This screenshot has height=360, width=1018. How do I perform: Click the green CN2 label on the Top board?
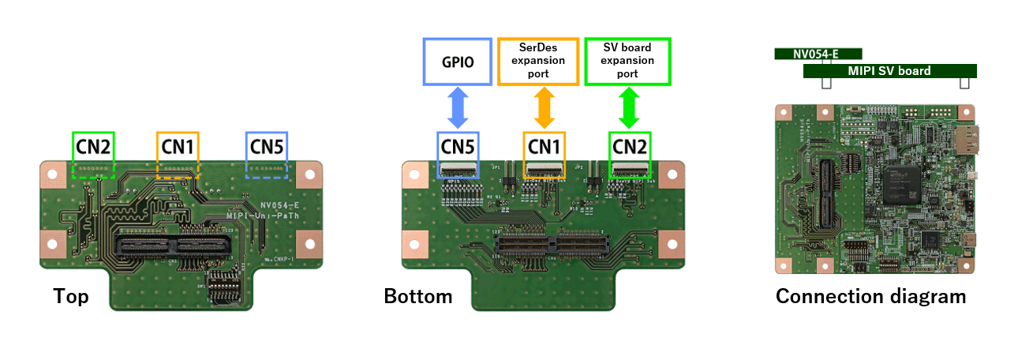[93, 146]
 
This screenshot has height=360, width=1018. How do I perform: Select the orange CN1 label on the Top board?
[178, 146]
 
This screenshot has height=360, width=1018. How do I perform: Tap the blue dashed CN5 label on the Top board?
[267, 146]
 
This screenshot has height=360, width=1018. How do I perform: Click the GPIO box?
[457, 61]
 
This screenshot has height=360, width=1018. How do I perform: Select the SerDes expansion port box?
[542, 61]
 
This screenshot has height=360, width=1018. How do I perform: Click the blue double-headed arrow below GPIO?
[457, 107]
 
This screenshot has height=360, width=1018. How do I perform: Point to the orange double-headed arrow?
[542, 107]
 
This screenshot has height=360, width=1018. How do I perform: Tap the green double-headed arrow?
[628, 107]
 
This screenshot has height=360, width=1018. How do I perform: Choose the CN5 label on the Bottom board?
[458, 146]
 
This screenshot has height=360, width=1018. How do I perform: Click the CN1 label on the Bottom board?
[544, 146]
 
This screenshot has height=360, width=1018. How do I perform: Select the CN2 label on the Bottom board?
[630, 146]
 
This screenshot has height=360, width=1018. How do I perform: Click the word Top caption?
[71, 297]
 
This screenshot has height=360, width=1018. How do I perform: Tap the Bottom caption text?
[418, 297]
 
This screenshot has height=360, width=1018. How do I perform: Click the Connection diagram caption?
[870, 297]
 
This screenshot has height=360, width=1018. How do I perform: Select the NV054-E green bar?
[818, 54]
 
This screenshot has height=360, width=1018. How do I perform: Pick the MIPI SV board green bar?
[889, 71]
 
